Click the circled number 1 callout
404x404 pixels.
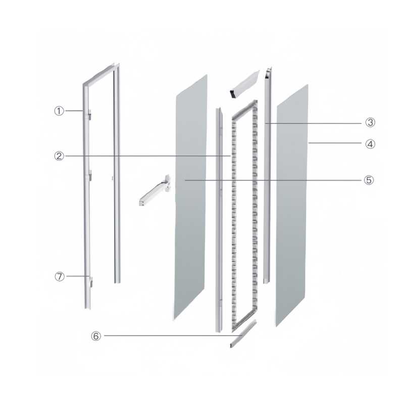pos(59,111)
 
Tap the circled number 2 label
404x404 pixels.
pos(59,156)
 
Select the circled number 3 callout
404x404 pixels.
pos(370,122)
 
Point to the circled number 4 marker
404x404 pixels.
pos(370,144)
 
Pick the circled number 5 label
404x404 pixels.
pos(369,180)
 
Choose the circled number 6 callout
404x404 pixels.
pos(96,336)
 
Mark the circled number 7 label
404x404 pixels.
pos(60,276)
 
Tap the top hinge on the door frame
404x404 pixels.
pos(90,115)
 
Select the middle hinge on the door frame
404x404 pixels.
pos(90,175)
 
